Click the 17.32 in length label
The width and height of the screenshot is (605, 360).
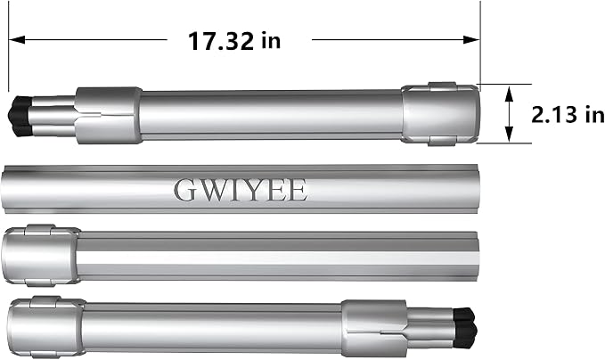(234, 41)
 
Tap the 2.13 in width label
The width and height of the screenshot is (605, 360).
(568, 114)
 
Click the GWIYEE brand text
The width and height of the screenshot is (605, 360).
(241, 190)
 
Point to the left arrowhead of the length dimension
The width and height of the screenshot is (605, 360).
(17, 39)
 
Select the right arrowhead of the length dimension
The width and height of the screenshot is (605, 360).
(471, 39)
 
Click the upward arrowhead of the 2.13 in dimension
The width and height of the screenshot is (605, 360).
(510, 94)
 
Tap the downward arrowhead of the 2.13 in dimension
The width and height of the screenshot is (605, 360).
(510, 133)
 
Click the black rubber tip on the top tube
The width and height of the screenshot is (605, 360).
(20, 116)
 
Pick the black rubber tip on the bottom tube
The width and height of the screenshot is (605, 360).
(465, 328)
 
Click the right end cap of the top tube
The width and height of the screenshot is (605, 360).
(441, 114)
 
